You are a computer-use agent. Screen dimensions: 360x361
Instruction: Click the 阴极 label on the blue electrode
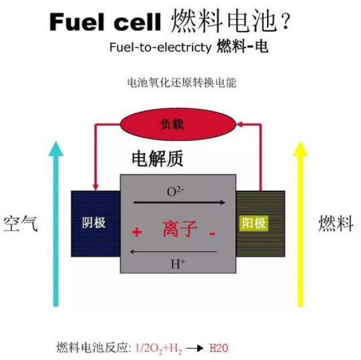94,223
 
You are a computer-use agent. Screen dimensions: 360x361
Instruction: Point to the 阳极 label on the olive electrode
254,223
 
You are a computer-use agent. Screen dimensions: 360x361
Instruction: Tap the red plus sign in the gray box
136,232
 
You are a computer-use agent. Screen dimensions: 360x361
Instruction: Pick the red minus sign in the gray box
212,233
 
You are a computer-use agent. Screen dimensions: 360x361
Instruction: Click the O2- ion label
175,192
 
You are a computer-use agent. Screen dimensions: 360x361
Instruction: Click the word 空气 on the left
21,224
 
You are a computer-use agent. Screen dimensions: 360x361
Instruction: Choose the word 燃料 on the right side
335,224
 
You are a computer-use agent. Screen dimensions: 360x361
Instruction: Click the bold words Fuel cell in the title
105,22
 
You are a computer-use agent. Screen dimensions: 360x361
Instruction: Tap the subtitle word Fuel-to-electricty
160,48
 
